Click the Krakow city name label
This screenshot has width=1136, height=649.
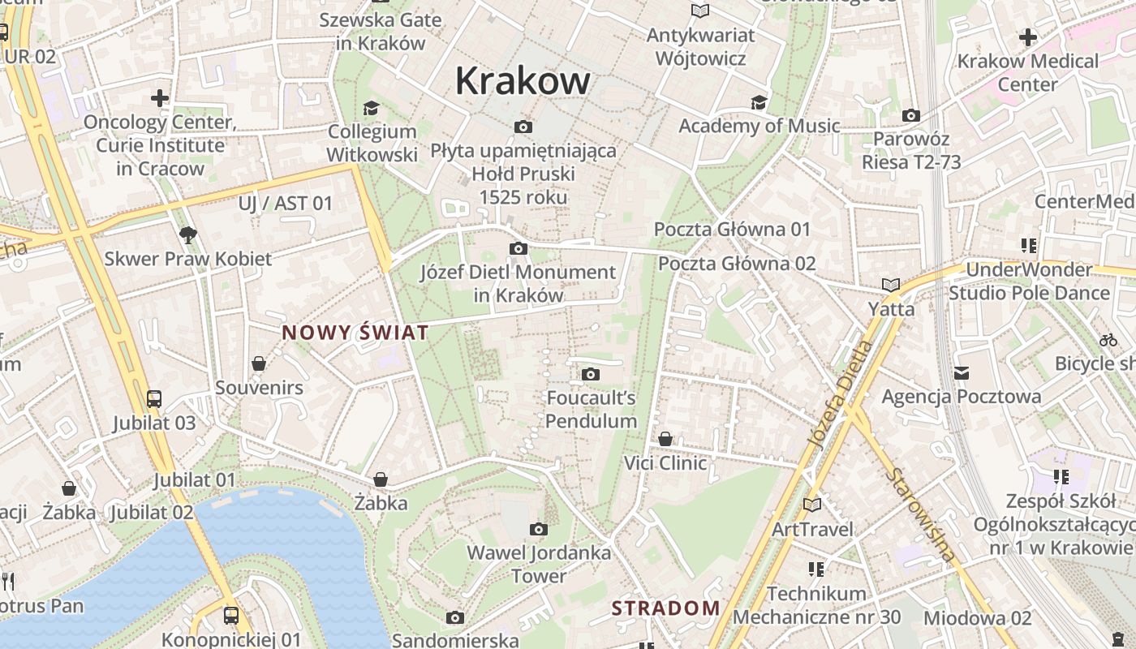tap(523, 81)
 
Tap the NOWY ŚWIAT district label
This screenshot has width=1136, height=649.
tap(355, 333)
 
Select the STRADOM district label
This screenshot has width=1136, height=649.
tap(665, 608)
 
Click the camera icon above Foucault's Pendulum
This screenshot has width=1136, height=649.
tap(591, 374)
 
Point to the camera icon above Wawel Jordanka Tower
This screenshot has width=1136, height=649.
tap(538, 530)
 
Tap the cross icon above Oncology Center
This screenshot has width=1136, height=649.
tap(160, 99)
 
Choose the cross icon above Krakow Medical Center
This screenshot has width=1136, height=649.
tap(1027, 37)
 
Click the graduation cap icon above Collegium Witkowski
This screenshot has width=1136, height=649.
tap(371, 108)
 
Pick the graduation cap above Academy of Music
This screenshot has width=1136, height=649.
tap(759, 102)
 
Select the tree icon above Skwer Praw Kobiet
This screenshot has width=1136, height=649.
tap(188, 235)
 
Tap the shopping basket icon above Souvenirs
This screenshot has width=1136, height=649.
tap(259, 363)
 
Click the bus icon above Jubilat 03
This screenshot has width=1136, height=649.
tap(154, 398)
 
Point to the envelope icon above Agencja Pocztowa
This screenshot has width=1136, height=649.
tap(962, 373)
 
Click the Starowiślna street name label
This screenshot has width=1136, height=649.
tap(923, 514)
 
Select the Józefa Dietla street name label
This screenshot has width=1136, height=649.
tap(840, 394)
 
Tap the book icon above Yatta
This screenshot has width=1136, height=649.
tap(891, 285)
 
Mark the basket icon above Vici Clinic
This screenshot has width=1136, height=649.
tap(665, 439)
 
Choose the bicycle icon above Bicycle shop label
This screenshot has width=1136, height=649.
tap(1108, 340)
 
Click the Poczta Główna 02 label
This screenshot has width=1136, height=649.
tap(737, 264)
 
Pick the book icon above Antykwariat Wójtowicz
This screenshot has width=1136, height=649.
tap(699, 11)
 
